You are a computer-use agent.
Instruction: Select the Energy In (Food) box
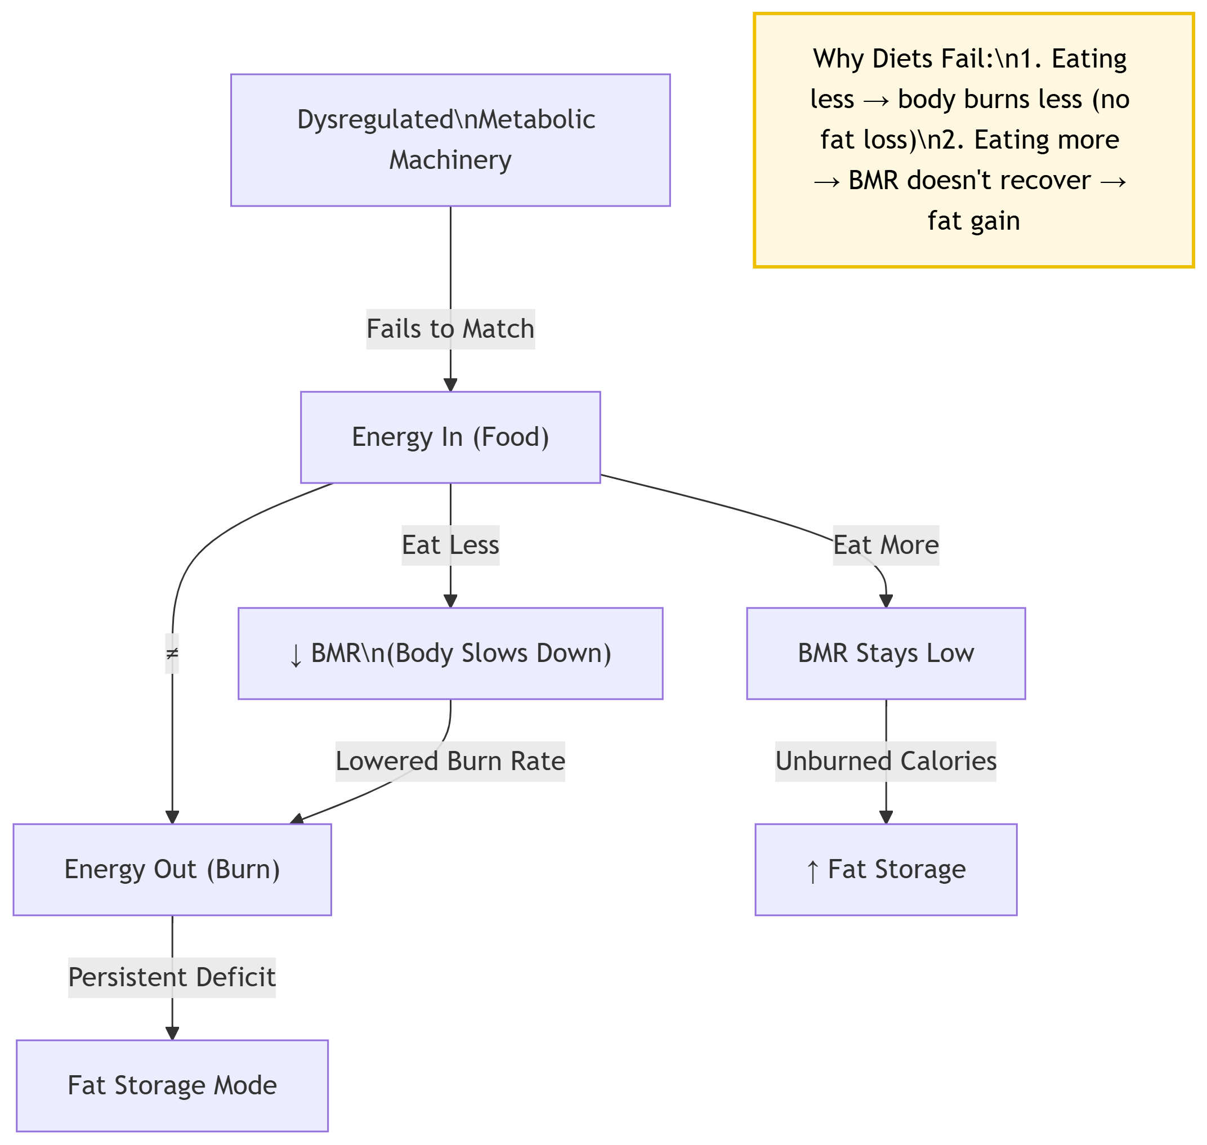pos(450,437)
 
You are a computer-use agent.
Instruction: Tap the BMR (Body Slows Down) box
pos(450,653)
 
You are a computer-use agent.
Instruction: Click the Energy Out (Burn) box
pos(172,869)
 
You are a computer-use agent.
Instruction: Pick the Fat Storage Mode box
pos(172,1085)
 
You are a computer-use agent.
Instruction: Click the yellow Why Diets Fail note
pos(973,140)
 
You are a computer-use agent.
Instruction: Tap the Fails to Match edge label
pos(450,329)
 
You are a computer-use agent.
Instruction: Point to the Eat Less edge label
pos(450,545)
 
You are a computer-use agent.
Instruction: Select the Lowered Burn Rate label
pos(450,761)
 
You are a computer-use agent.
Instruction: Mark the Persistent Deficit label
pos(172,977)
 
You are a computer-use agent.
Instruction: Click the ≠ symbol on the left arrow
pos(172,654)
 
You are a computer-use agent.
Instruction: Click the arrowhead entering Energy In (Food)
pos(450,384)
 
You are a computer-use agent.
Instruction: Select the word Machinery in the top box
pos(450,160)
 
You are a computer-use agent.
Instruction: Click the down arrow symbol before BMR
pos(296,655)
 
